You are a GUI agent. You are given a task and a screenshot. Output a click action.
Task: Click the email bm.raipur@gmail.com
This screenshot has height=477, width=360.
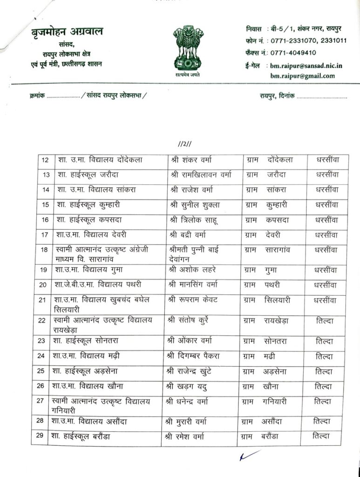[301, 76]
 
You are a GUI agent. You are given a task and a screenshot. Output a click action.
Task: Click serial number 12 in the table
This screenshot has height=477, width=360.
[45, 160]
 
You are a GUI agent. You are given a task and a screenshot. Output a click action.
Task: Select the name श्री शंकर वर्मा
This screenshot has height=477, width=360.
[191, 160]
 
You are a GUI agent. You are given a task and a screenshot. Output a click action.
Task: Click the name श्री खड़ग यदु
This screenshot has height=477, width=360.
[189, 386]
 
